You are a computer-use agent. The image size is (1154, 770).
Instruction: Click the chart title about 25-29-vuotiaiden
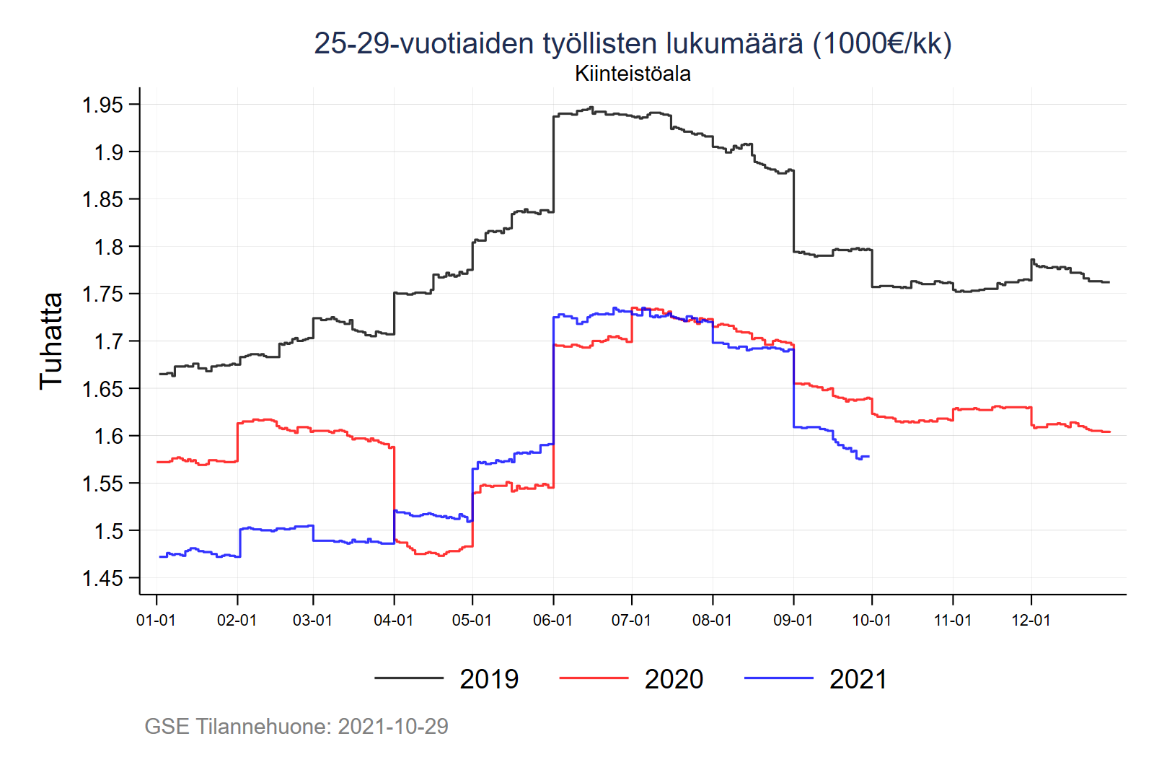pos(633,43)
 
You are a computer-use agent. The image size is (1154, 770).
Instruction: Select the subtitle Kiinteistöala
pos(633,74)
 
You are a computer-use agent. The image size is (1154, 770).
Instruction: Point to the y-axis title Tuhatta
pos(51,341)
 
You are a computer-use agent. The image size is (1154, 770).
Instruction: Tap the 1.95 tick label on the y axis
pos(102,105)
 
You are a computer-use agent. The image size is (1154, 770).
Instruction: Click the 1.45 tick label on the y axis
pos(102,578)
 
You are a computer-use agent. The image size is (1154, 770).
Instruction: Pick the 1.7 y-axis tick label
pos(108,341)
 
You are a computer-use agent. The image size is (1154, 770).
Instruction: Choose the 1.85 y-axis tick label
pos(102,200)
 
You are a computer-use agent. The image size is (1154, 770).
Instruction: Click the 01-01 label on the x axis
pos(156,621)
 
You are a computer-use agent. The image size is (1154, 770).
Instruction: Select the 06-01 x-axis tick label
pos(552,621)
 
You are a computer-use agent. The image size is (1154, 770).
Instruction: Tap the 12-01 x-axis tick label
pos(1031,621)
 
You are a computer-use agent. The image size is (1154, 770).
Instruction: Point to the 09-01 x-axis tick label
pos(793,621)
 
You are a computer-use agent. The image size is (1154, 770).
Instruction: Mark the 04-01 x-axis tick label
pos(393,621)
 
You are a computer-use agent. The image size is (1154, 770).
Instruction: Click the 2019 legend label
pos(489,679)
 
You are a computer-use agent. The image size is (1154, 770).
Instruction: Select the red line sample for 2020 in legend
pos(594,678)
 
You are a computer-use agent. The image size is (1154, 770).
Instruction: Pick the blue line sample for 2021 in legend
pos(778,678)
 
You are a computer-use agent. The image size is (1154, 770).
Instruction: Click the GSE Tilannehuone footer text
pos(296,726)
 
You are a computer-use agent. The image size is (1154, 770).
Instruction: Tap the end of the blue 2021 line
pos(869,456)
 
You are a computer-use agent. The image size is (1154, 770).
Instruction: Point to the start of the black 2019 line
pos(159,374)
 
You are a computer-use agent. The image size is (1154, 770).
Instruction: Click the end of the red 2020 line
pos(1110,432)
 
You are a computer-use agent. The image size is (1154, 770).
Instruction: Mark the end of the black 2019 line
pos(1109,282)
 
